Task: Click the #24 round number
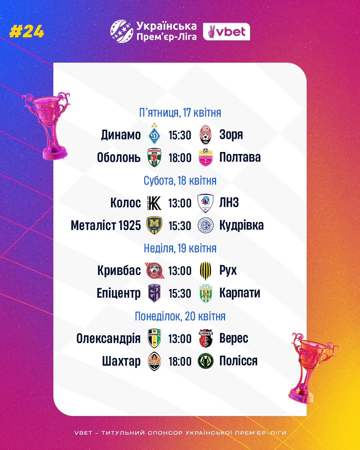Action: (27, 32)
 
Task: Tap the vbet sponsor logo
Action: (227, 32)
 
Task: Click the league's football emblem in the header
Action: (122, 31)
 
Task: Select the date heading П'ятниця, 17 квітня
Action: (180, 113)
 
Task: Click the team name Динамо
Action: (121, 135)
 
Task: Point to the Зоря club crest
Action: (206, 135)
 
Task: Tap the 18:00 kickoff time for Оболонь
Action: (180, 158)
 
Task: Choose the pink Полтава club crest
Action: (206, 157)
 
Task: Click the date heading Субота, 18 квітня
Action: (180, 181)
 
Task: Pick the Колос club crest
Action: (154, 203)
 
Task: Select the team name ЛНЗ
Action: (229, 203)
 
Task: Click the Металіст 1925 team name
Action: (106, 226)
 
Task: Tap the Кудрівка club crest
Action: (206, 226)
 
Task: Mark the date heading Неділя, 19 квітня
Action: (180, 248)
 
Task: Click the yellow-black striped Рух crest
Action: (206, 271)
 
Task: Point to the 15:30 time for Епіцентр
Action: (180, 293)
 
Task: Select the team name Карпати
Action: (240, 293)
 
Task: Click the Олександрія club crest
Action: (154, 338)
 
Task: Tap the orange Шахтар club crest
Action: (154, 361)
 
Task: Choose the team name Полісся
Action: (238, 361)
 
